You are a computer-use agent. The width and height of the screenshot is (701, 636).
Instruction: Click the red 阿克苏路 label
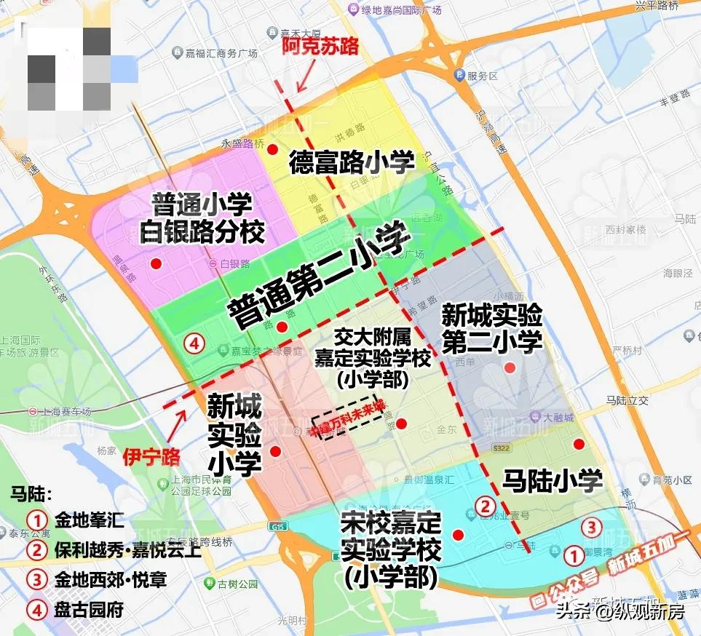[320, 47]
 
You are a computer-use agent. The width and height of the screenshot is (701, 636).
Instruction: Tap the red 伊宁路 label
[151, 457]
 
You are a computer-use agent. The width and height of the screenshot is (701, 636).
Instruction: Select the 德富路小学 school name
[352, 162]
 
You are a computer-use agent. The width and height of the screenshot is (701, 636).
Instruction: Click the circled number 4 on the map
[193, 343]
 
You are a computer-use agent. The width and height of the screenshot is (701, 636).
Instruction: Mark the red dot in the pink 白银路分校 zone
[155, 263]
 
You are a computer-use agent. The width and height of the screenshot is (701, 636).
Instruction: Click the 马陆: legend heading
[31, 495]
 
